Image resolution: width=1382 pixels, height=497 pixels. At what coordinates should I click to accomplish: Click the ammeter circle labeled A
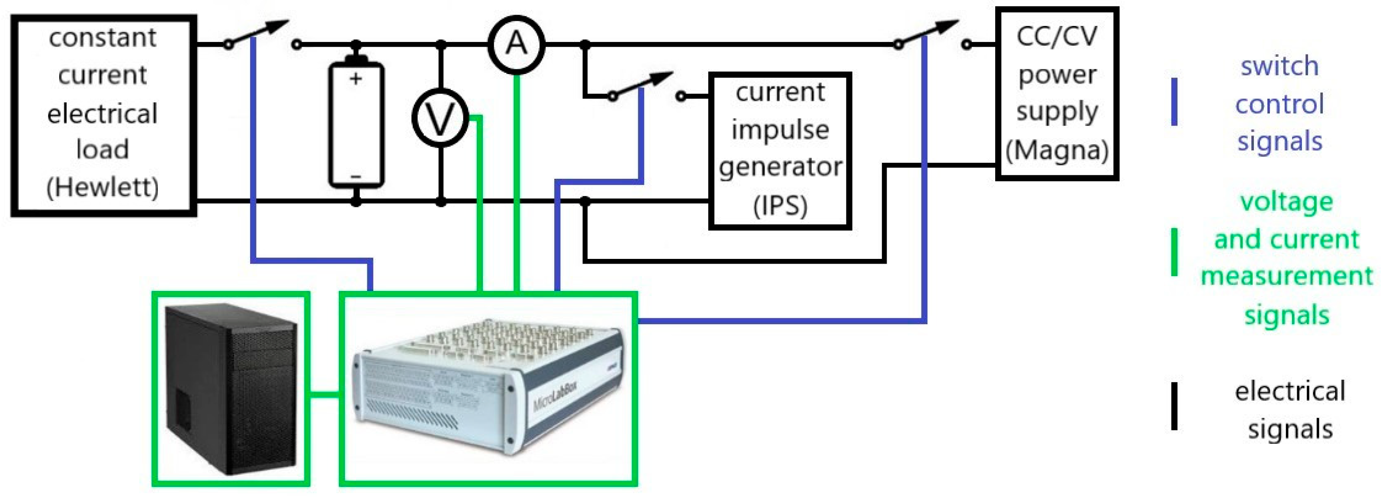pos(516,44)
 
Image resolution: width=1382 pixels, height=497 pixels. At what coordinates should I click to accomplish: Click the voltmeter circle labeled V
pos(440,119)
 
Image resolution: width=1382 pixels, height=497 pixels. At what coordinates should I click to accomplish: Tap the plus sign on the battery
pos(355,79)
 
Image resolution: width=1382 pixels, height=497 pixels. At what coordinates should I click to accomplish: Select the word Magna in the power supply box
pos(1057,150)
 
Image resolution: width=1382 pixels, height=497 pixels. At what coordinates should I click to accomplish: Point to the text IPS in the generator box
pos(780,206)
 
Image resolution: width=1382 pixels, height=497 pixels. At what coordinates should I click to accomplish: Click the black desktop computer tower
pos(231,389)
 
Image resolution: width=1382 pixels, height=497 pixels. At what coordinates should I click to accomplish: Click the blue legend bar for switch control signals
pos(1174,102)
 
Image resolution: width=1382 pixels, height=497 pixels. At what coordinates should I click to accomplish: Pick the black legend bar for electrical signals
pos(1174,406)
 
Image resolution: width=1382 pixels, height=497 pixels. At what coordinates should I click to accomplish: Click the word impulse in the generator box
pos(780,130)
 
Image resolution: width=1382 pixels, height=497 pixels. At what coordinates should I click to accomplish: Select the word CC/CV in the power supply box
pos(1057,36)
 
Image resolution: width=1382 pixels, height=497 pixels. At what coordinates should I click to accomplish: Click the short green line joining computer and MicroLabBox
pos(325,396)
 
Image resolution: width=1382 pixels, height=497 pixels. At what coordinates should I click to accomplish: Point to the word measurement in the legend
pos(1286,276)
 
